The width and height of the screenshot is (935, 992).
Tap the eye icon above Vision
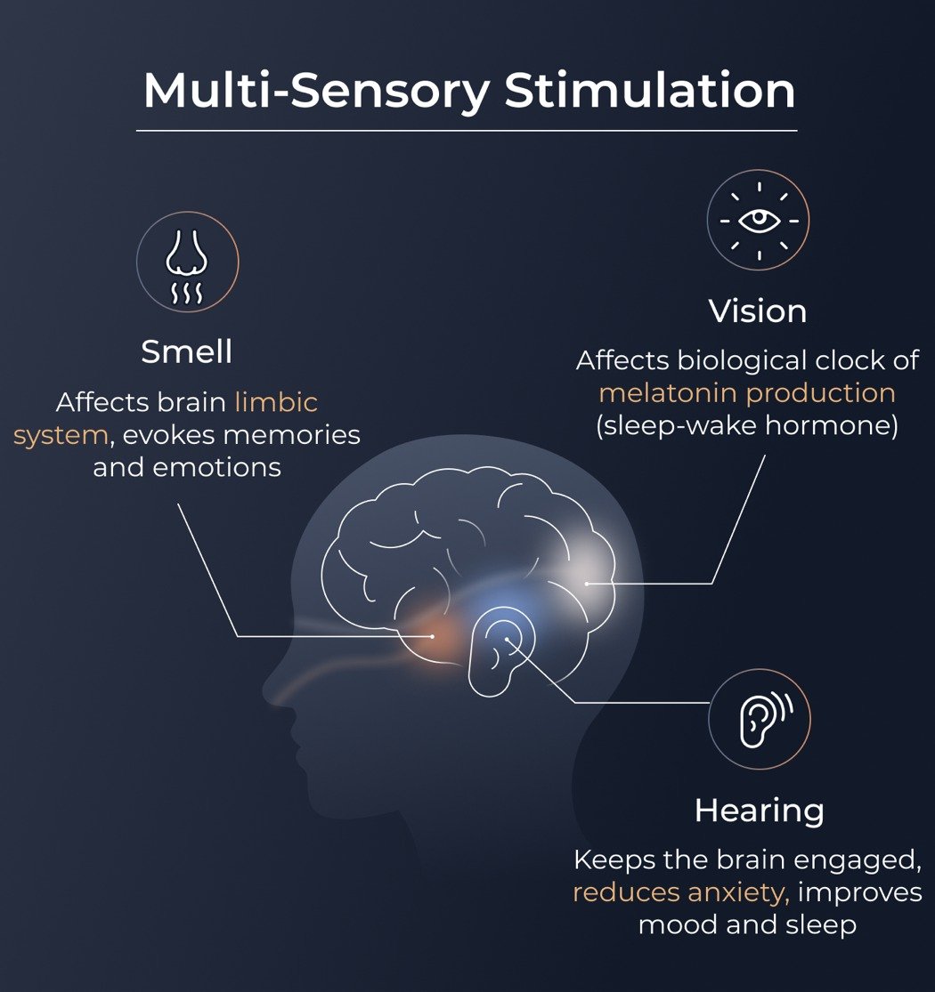758,221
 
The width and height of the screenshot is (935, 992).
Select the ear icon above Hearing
759,720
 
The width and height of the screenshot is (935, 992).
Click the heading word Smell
187,352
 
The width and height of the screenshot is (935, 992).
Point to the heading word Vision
758,311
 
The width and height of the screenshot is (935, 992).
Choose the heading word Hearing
759,811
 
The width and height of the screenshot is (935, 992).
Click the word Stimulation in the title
649,91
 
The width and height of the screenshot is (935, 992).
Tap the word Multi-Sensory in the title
316,91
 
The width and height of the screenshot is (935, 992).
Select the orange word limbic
276,402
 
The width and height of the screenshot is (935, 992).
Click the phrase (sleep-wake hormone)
747,425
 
